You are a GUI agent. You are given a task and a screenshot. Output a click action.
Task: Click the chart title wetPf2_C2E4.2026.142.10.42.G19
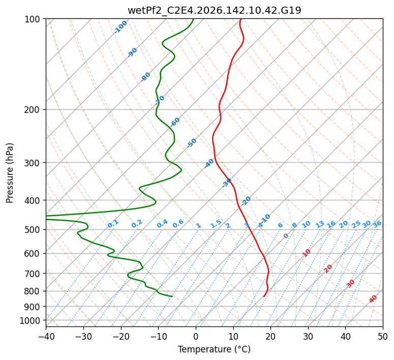[x=215, y=10]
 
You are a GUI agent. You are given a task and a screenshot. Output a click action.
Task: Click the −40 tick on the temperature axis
[x=46, y=337]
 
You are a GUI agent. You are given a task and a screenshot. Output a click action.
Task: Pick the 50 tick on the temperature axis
[x=383, y=337]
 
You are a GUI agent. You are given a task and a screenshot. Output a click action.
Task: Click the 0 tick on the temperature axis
[x=196, y=337]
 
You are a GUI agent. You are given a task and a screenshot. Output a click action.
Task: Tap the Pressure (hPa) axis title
[x=10, y=173]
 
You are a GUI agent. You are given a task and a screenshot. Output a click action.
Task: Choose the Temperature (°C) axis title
[x=215, y=349]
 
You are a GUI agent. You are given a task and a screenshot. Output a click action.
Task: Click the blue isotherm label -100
[x=120, y=27]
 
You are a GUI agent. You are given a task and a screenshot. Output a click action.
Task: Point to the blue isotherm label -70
[x=160, y=100]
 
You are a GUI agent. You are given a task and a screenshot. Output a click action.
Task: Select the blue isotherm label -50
[x=192, y=143]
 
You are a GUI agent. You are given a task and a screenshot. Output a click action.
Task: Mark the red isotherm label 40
[x=373, y=299]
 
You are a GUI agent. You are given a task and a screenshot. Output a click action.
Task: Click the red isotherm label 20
[x=328, y=269]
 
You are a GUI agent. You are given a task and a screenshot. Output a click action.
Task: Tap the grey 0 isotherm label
[x=286, y=236]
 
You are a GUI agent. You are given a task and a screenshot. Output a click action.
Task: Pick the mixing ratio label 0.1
[x=113, y=224]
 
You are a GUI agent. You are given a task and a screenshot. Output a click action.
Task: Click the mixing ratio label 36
[x=377, y=224]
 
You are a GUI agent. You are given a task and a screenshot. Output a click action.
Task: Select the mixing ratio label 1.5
[x=216, y=224]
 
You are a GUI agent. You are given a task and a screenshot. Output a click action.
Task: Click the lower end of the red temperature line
[x=263, y=296]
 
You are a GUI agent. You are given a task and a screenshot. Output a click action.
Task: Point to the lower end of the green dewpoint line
[x=172, y=296]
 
